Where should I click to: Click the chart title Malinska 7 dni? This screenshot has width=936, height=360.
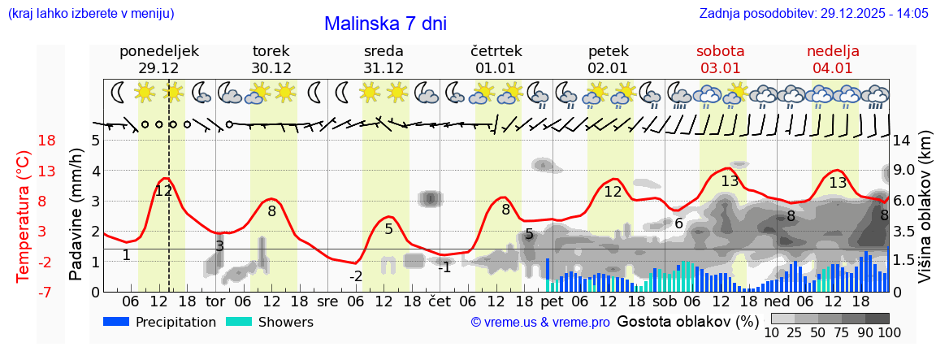coord(385,24)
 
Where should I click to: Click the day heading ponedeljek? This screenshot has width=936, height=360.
coord(159,51)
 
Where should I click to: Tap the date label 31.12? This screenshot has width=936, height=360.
coord(383,68)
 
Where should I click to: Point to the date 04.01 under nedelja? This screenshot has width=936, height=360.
coord(833,68)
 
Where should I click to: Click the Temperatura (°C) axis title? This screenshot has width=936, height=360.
coord(24,215)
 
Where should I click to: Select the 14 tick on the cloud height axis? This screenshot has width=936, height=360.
coord(901,141)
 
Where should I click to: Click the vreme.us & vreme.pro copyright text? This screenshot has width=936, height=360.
coord(540,323)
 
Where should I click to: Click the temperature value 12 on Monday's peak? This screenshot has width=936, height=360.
coord(163,191)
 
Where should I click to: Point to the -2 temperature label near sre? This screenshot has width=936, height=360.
coord(356,276)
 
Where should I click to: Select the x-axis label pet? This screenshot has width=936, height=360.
coord(552,301)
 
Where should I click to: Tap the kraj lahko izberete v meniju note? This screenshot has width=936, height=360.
coord(90,14)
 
